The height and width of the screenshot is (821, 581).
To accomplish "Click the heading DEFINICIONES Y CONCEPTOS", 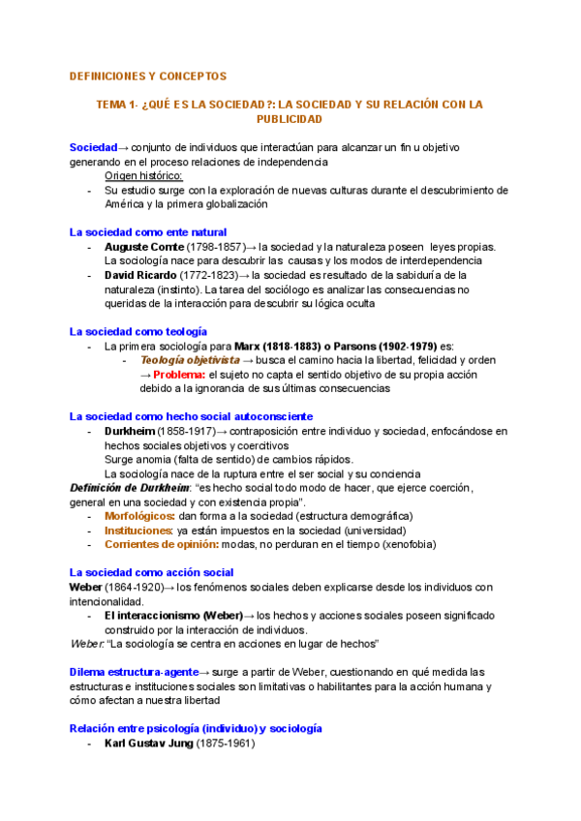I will tap(148, 76).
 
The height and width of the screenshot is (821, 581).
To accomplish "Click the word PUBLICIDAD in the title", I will tap(289, 119).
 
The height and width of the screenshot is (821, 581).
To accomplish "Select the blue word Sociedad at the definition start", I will tap(93, 147).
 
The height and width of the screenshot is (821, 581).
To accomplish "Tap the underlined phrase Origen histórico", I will tap(143, 175).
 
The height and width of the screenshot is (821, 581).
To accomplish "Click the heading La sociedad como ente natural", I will tap(147, 232).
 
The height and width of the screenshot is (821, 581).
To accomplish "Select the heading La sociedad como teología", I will tap(138, 332).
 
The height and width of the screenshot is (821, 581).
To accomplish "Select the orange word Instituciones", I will tap(138, 531).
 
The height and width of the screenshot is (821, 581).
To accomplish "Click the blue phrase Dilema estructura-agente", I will tap(133, 672).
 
